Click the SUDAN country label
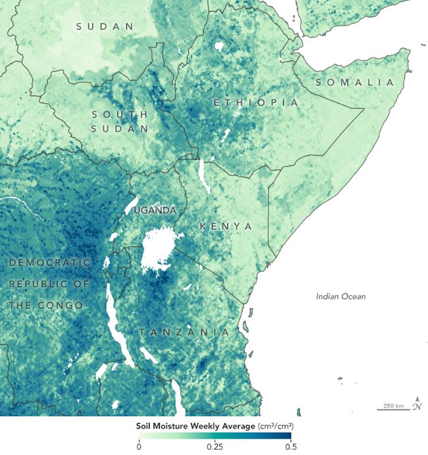pos(104,26)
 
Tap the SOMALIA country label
pos(354,82)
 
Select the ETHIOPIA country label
pos(255,103)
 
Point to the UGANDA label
pos(155,210)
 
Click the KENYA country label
pos(226,226)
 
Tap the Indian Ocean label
pos(340,296)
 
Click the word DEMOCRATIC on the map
pos(49,262)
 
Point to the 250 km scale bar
pos(392,406)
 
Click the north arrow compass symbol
pos(417,404)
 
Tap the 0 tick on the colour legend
pos(139,446)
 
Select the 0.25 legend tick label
pos(214,446)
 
